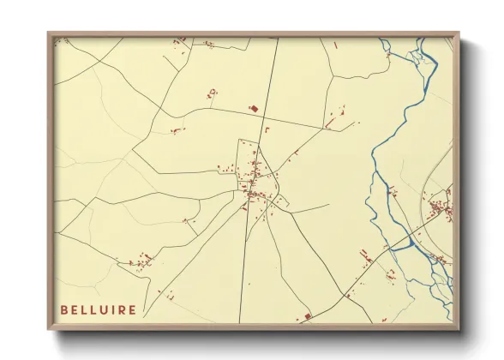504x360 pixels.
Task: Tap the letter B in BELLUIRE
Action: [64, 309]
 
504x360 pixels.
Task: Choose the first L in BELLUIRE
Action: [84, 309]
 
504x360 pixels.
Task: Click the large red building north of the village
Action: [253, 109]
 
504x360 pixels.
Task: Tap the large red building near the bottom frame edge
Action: [307, 317]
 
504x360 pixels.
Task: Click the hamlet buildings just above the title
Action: [140, 260]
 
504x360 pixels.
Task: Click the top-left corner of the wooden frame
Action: [50, 35]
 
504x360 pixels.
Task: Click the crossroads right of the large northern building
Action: [266, 116]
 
